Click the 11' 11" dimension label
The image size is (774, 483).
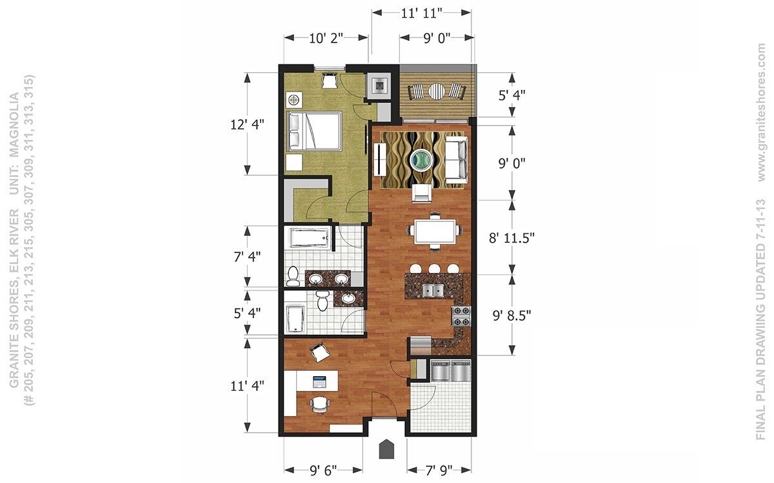pos(422,13)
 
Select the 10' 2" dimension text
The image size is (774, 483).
pos(326,38)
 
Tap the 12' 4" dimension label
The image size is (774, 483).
pos(247,124)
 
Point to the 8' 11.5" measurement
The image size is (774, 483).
pos(511,238)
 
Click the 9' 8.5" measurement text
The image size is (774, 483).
pos(511,316)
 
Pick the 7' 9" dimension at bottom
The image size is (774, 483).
pos(439,470)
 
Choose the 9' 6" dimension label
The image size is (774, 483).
pos(323,470)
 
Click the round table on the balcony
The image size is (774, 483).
pos(437,91)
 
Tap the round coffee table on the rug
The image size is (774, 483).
pos(421,159)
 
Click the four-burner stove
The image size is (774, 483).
pos(462,316)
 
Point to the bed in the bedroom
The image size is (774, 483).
pos(314,131)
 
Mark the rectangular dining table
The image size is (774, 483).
pos(435,231)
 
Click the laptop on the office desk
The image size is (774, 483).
pos(319,381)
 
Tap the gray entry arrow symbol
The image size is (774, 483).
pos(386,450)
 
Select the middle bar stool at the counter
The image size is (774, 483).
pos(434,269)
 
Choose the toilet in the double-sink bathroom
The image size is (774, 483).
pos(293,276)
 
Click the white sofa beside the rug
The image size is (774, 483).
pos(456,160)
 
